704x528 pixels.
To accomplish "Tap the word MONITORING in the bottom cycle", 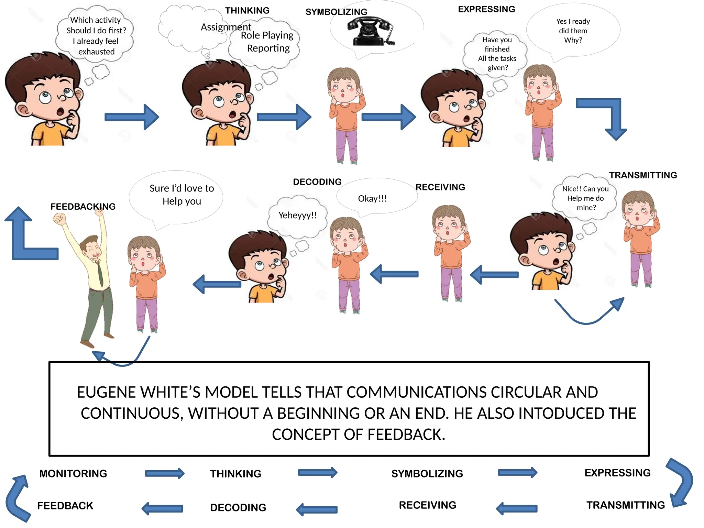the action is coord(73,473).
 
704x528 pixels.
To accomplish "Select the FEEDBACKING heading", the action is coord(83,206).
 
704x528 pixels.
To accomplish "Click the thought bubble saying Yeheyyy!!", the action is coord(297,216).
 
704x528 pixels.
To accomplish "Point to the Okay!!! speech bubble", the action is coord(373,199).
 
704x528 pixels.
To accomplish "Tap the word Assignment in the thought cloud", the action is coord(225,27).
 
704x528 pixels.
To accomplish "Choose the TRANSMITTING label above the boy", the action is coord(643,175).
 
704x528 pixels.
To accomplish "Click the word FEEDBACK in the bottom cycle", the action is coord(65,505).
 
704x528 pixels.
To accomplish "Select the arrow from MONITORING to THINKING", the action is coord(164,473).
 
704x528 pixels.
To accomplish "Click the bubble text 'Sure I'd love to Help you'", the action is coord(181,195).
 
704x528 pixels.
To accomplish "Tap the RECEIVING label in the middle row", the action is coord(440,187).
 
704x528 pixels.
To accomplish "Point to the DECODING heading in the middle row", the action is coord(317,181).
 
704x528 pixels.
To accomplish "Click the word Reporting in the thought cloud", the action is coord(268,48).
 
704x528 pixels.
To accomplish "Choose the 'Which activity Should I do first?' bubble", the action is coord(96,35).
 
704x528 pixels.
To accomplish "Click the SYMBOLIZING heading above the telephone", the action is coord(336,12).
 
